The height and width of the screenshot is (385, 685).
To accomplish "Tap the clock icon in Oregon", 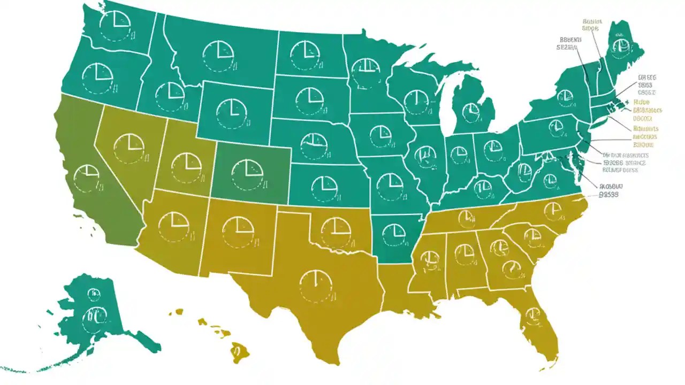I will pos(97,77).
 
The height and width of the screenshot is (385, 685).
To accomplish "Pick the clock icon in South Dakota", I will pos(309,101).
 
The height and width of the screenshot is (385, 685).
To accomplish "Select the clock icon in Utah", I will pos(186,168).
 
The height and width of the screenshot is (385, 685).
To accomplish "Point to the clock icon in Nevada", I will pos(129,148).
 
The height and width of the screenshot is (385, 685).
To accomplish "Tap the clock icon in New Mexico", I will pos(238,231).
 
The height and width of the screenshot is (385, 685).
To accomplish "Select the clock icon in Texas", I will pos(316,286).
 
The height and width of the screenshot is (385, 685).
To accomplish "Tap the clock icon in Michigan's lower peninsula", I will pos(471,111).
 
